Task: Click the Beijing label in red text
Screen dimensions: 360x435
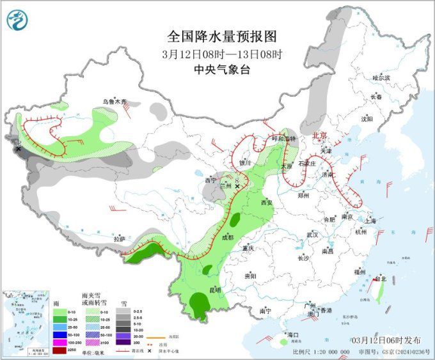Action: (319, 136)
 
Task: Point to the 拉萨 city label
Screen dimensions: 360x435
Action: (119, 239)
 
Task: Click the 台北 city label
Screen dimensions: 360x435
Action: (380, 279)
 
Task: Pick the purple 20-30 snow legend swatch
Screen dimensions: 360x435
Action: (137, 334)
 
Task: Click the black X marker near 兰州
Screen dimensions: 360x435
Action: (238, 186)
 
